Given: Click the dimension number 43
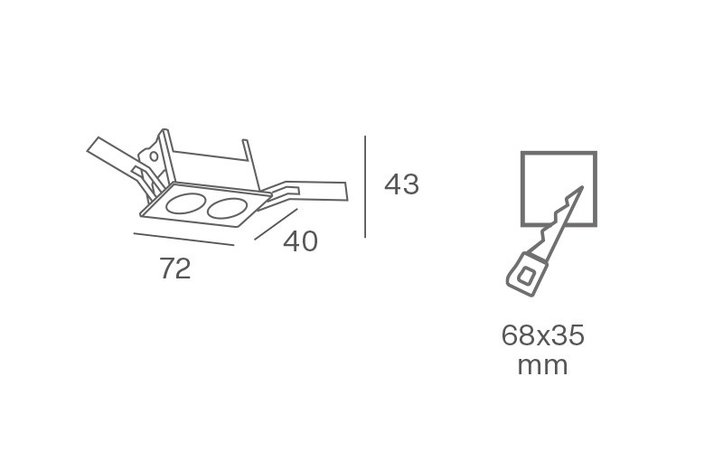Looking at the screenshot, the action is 401,184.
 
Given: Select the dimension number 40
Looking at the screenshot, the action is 300,241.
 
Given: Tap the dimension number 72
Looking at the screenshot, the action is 175,268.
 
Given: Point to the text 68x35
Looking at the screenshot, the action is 543,335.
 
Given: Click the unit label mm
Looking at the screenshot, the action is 543,366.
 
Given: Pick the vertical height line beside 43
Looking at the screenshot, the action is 365,187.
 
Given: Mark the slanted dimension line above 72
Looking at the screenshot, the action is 184,240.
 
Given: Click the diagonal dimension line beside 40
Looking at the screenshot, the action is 276,224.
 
